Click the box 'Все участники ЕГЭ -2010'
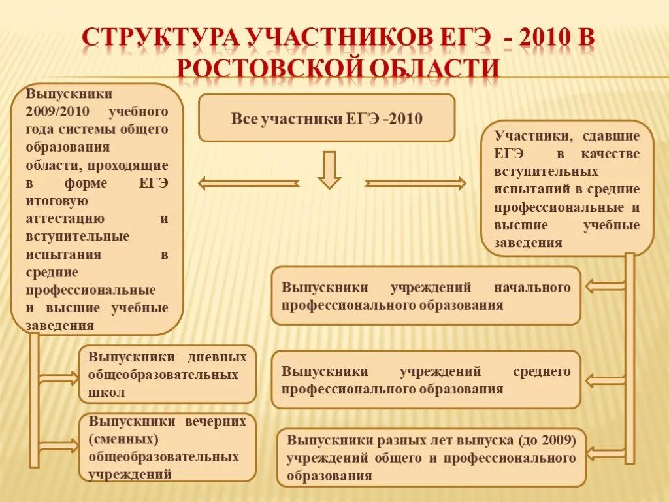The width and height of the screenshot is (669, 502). [x=326, y=118]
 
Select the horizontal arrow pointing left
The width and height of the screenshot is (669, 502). [x=248, y=184]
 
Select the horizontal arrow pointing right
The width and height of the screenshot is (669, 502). [x=415, y=184]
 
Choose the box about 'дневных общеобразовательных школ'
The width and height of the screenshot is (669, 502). [x=167, y=375]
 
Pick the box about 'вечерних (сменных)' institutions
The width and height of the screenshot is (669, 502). [x=167, y=448]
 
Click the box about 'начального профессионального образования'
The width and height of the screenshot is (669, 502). [x=426, y=295]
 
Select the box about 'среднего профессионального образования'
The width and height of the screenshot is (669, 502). [x=426, y=380]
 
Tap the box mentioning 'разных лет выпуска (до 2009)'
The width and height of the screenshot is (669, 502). [x=431, y=458]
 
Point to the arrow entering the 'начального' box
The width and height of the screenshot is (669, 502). [x=604, y=286]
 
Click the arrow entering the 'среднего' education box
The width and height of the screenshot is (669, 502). [x=604, y=380]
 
